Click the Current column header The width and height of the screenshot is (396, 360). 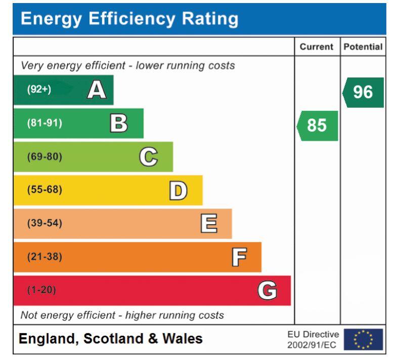click(x=317, y=47)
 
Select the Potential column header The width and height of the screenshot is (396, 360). click(x=363, y=47)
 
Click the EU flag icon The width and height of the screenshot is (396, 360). click(x=362, y=339)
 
